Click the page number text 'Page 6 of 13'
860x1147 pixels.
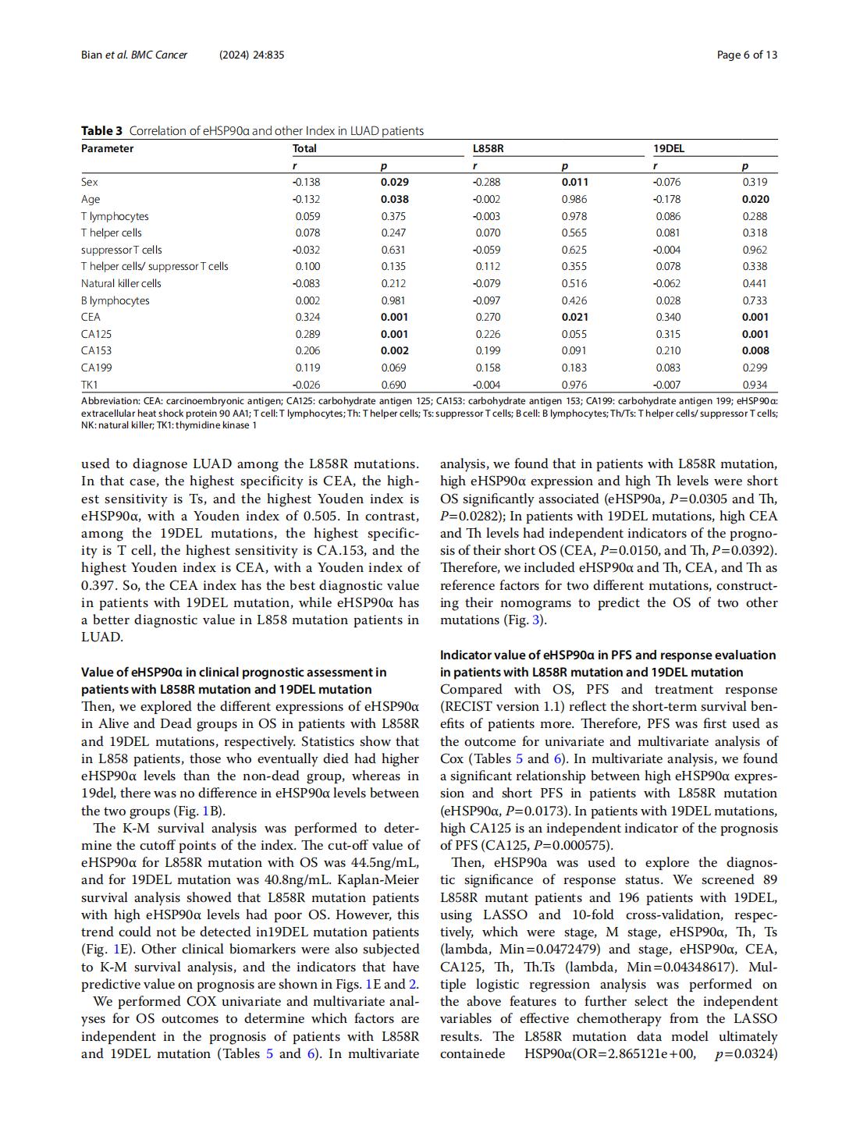point(747,55)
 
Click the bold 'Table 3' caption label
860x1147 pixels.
point(101,131)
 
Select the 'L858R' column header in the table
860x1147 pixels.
point(488,148)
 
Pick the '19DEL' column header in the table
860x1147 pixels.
point(669,148)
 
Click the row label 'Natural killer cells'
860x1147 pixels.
point(121,283)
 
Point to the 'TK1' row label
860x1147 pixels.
point(90,385)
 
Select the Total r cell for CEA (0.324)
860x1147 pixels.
point(307,317)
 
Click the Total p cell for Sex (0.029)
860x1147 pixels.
point(395,182)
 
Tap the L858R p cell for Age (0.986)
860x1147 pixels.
point(574,199)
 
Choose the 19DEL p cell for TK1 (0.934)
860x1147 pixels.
point(755,385)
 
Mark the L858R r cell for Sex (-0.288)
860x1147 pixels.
point(487,182)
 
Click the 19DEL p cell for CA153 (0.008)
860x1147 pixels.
point(755,350)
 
